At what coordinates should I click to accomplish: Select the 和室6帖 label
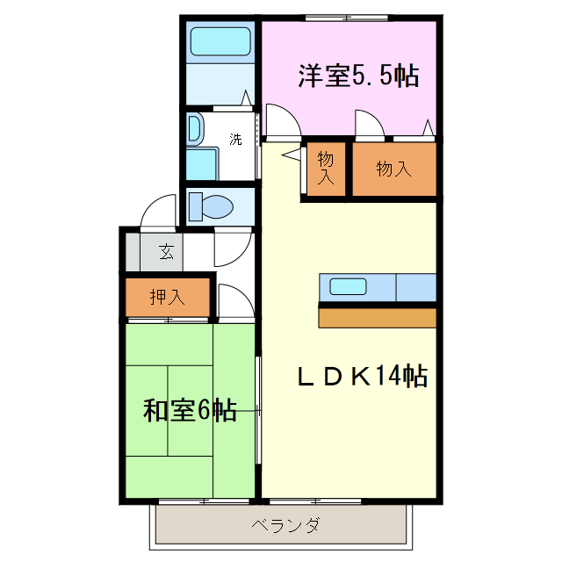coord(190,410)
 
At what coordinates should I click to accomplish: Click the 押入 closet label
coord(167,297)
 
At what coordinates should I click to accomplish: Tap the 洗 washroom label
coord(235,139)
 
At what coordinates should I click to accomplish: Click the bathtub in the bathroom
coord(220,41)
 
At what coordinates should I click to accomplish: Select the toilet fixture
coord(211,207)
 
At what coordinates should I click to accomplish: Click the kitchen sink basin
coord(348,286)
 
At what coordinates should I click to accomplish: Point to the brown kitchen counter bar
coord(378,316)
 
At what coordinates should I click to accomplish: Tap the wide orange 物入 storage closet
coord(393,169)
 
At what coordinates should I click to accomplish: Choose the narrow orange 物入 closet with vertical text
coord(326,169)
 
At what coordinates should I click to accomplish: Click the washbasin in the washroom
coord(194,128)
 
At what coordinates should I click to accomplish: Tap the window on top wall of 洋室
coord(348,17)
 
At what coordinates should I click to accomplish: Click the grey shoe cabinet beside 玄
coord(133,252)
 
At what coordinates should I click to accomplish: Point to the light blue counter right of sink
coord(416,287)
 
